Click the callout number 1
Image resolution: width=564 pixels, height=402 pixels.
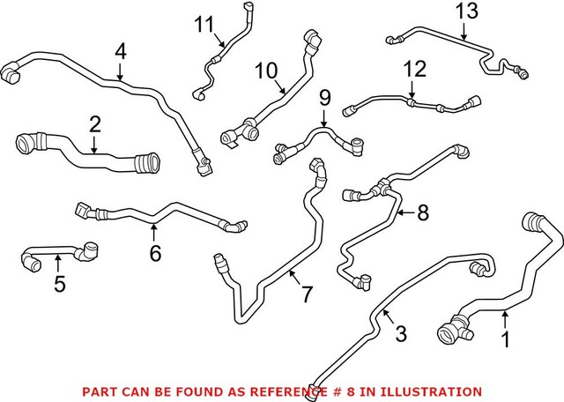[505, 338]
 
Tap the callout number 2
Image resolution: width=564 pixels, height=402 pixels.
[95, 124]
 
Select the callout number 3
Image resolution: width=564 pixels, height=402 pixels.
[400, 334]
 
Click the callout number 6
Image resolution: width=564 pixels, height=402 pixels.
[155, 254]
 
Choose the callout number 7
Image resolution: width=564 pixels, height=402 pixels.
[306, 294]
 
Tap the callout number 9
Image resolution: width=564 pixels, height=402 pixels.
[324, 96]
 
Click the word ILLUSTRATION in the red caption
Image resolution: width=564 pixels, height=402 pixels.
[438, 391]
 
